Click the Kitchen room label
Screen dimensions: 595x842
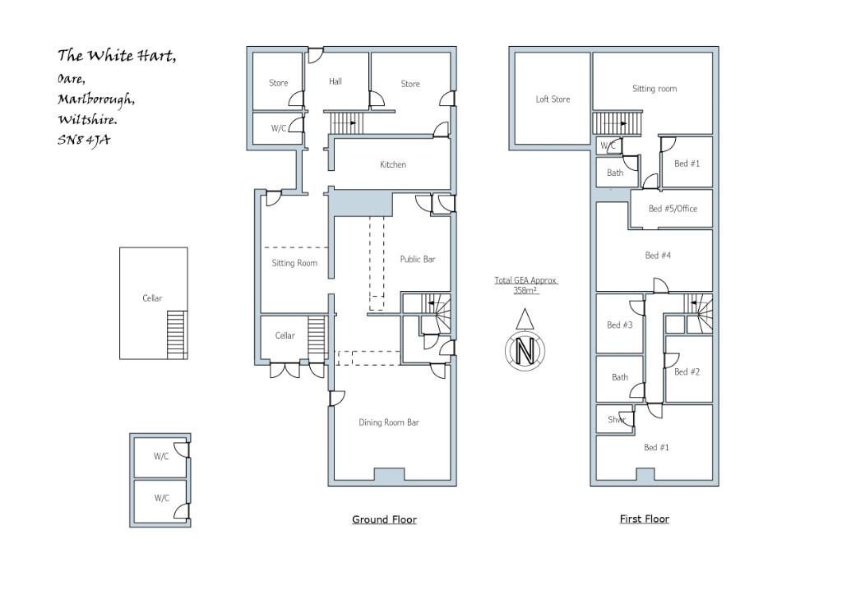(392, 165)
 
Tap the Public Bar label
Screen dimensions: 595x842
(417, 260)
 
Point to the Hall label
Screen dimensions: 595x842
(335, 82)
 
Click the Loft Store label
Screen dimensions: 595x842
(553, 99)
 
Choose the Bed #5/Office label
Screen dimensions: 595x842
(672, 209)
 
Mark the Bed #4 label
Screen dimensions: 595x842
(658, 256)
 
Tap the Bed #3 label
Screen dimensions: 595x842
(619, 325)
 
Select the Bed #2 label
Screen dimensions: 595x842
(687, 372)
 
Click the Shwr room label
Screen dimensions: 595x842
(617, 420)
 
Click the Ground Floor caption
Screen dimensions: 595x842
(384, 519)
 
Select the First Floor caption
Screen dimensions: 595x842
(644, 519)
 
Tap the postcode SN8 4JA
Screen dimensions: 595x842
(83, 140)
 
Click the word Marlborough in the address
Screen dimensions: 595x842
(96, 99)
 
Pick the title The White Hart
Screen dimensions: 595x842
(116, 56)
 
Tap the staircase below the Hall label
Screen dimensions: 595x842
(345, 123)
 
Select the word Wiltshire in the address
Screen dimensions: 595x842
(86, 120)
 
